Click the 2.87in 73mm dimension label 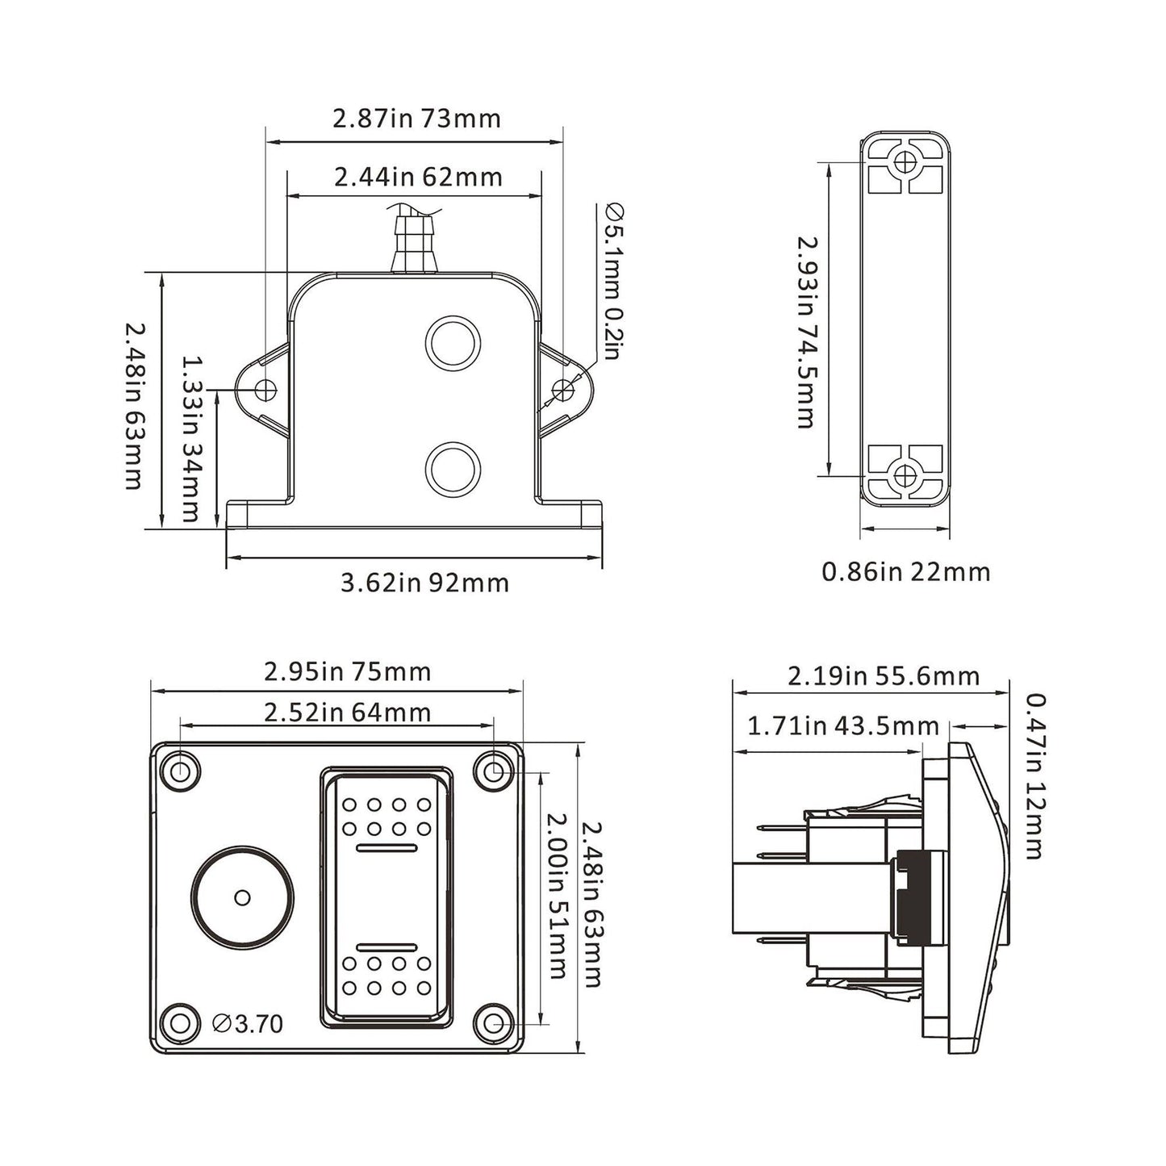coord(416,119)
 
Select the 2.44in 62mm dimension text coord(418,178)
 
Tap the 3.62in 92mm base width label coord(424,583)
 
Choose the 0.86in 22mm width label coord(905,572)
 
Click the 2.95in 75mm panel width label coord(347,672)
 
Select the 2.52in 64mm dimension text coord(347,713)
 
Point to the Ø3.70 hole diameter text coord(248,1024)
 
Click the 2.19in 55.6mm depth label coord(883,676)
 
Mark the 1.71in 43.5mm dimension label coord(842,727)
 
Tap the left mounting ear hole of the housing coord(265,391)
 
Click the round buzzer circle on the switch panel coord(243,897)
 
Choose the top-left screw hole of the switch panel coord(181,771)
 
